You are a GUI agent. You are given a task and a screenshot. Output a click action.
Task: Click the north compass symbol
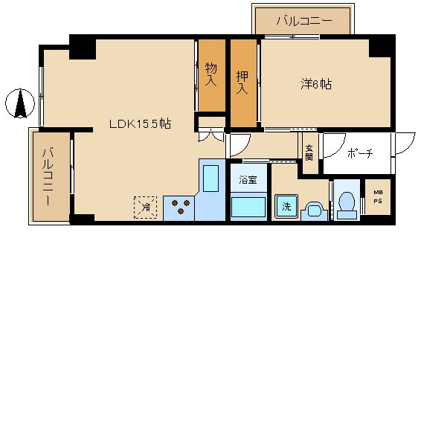[20, 103]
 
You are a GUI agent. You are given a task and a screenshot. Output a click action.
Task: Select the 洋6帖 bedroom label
[315, 84]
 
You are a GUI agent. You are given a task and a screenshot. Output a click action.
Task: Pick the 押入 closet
[242, 83]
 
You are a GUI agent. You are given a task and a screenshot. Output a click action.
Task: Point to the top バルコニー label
[303, 20]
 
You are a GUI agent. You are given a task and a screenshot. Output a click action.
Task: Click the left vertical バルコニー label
[48, 177]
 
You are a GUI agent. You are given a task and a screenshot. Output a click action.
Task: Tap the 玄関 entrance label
[309, 151]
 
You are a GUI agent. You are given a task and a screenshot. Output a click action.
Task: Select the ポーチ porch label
[359, 153]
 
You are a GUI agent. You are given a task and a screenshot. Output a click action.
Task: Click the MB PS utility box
[377, 197]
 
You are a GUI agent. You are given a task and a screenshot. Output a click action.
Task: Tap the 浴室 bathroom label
[248, 180]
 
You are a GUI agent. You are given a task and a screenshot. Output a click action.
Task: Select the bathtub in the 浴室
[248, 205]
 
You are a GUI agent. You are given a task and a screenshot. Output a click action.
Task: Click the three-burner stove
[179, 207]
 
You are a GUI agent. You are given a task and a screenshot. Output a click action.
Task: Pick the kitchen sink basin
[211, 179]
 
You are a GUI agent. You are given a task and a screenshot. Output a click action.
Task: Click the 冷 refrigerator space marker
[147, 206]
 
